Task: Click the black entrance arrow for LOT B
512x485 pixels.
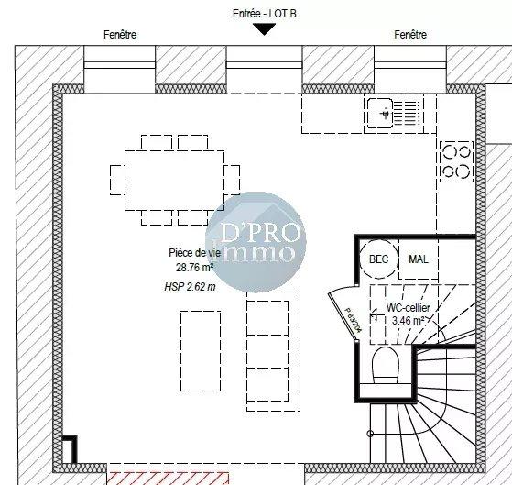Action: click(265, 29)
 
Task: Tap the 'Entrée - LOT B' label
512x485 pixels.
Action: click(265, 13)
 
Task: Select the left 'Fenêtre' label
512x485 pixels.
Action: click(120, 35)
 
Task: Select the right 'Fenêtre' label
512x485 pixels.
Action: click(410, 35)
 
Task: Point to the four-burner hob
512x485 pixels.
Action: click(455, 160)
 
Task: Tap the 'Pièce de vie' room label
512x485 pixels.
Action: click(195, 253)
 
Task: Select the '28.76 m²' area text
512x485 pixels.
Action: click(195, 268)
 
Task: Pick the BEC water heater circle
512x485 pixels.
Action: click(378, 259)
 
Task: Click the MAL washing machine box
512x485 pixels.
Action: click(419, 259)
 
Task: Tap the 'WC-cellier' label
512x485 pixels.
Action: click(409, 309)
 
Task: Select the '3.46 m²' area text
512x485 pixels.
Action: click(409, 322)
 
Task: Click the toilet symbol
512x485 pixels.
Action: click(387, 366)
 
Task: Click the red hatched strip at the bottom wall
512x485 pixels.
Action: click(174, 478)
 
